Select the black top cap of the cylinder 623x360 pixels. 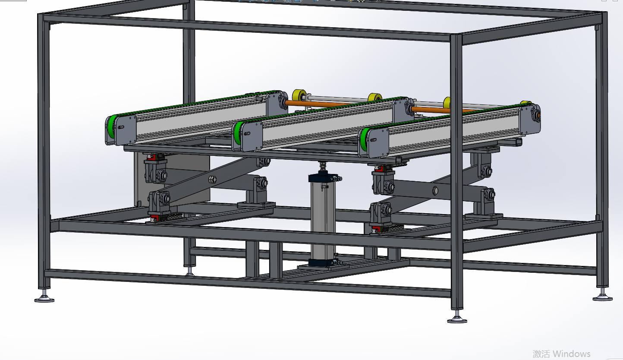pos(323,177)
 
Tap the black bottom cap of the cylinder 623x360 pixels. pos(323,262)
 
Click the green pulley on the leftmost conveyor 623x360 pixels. pos(112,127)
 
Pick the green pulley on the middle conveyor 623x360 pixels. pos(238,133)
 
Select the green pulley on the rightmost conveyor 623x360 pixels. pos(364,140)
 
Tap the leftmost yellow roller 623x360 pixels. pos(299,96)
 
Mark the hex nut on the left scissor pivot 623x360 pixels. pos(213,180)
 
